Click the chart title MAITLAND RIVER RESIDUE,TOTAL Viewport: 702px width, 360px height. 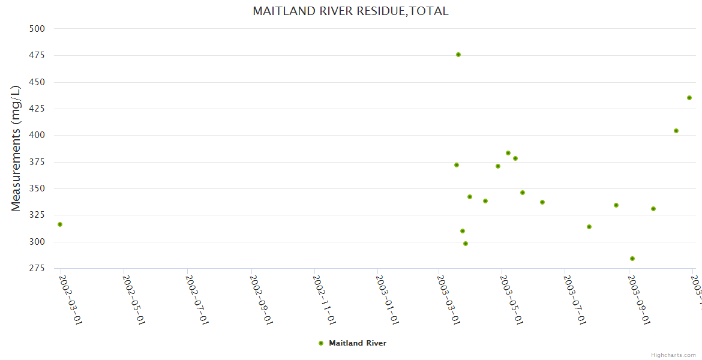point(350,11)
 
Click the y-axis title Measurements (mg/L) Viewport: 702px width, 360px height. point(16,148)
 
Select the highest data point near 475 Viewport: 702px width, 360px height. point(458,55)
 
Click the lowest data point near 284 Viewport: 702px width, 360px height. point(632,259)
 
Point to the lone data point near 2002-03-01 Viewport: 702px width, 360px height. point(60,224)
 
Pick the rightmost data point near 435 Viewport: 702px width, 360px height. point(689,98)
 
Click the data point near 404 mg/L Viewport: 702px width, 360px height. point(676,131)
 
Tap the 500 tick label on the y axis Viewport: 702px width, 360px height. point(37,29)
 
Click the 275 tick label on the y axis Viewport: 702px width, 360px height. point(37,269)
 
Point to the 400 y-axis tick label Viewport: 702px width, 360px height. point(37,136)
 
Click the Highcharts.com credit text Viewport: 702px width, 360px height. point(674,355)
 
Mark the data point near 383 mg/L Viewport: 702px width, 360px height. point(508,153)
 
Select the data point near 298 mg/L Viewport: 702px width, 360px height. point(466,244)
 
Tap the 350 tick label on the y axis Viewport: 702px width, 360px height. point(37,189)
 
